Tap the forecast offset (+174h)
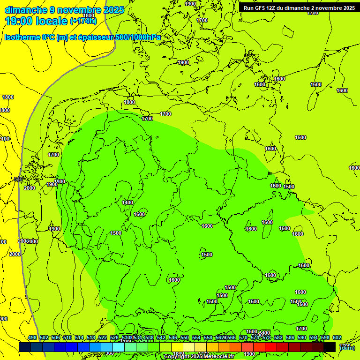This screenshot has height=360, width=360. click(x=83, y=21)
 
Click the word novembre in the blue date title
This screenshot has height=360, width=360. click(x=83, y=10)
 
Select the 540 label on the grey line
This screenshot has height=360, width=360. click(x=18, y=179)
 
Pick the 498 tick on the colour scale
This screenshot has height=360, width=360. click(x=32, y=337)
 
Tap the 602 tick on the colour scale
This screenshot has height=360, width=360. click(x=337, y=337)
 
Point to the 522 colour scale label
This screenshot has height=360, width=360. click(x=103, y=337)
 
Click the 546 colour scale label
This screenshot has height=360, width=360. click(x=173, y=337)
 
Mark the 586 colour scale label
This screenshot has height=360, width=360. click(x=290, y=337)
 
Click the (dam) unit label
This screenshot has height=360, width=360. click(x=347, y=347)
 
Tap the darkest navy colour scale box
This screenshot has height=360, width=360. click(x=25, y=347)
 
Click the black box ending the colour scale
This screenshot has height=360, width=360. click(x=330, y=347)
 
